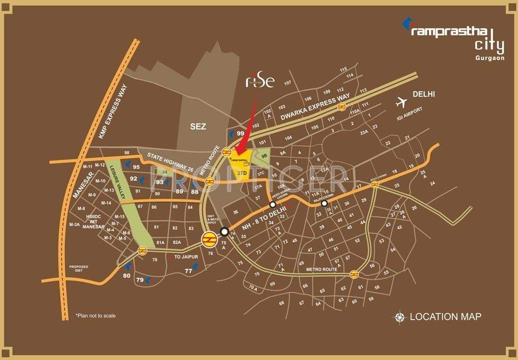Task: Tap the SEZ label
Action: [198, 126]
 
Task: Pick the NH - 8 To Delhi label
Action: [264, 219]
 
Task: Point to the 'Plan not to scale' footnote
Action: [95, 316]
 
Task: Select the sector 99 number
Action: [241, 134]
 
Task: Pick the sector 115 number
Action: [343, 69]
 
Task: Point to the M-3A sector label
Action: [74, 225]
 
